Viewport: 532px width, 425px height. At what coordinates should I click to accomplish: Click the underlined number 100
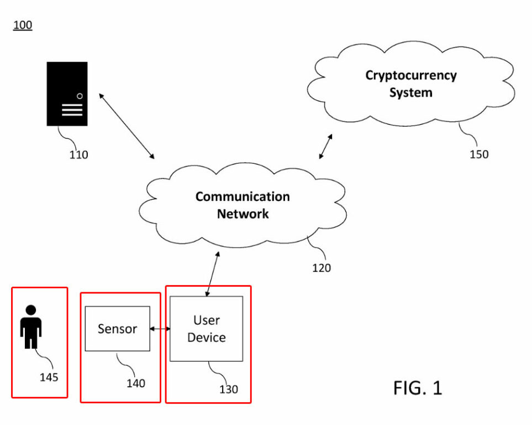click(x=23, y=25)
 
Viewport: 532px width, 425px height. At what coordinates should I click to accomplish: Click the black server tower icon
click(x=67, y=94)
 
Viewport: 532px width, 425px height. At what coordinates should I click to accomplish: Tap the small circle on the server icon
click(x=80, y=96)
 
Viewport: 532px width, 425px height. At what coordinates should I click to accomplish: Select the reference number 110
click(x=78, y=155)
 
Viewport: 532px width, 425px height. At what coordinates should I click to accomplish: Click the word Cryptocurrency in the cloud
click(x=411, y=75)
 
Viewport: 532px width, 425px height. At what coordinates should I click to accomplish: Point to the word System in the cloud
click(x=411, y=92)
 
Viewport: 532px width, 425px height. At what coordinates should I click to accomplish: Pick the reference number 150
click(x=479, y=154)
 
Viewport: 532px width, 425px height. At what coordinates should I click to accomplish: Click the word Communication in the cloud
click(x=243, y=196)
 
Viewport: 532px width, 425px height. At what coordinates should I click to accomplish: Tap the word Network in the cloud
click(x=243, y=214)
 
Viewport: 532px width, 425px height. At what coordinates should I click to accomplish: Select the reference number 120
click(x=322, y=268)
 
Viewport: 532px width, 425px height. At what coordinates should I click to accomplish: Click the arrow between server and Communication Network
click(x=127, y=126)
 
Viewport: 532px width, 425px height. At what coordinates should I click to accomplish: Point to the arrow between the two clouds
click(x=326, y=147)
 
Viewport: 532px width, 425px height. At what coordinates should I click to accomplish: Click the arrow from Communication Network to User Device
click(x=213, y=274)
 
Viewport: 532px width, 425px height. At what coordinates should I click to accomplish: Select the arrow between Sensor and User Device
click(x=160, y=329)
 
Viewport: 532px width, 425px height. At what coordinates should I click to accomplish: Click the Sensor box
click(x=117, y=329)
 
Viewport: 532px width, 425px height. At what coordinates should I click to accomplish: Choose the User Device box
click(x=206, y=329)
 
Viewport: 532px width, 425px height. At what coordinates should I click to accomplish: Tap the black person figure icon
click(x=31, y=326)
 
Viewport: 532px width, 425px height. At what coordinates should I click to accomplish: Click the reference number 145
click(x=49, y=377)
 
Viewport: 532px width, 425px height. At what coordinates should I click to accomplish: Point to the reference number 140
click(x=136, y=383)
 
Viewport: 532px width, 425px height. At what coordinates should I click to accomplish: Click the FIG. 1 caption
click(x=418, y=388)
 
